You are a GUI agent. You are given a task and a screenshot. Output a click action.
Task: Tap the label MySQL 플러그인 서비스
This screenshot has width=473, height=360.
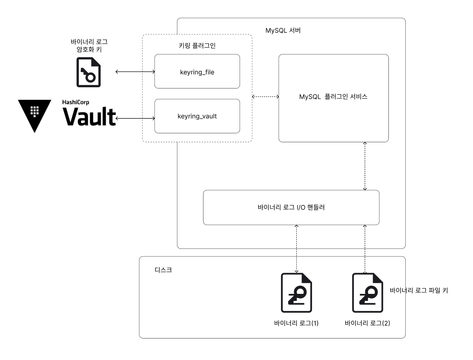click(333, 97)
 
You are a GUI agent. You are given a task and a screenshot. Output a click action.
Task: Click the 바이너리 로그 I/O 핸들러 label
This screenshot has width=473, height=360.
click(291, 207)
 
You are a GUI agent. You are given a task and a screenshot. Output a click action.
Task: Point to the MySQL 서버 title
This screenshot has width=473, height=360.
click(283, 31)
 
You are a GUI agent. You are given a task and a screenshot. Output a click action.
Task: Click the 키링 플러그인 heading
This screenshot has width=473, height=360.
click(197, 45)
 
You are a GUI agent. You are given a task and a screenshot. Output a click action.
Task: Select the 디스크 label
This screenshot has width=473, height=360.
click(163, 270)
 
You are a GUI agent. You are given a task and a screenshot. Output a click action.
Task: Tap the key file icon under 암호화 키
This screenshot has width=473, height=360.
click(88, 72)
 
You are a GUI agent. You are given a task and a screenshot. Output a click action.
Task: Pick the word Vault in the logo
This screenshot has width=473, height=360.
click(89, 116)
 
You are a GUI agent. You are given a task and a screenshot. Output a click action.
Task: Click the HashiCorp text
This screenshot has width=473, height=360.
click(76, 102)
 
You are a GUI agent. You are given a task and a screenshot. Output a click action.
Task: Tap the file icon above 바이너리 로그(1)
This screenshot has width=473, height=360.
click(296, 293)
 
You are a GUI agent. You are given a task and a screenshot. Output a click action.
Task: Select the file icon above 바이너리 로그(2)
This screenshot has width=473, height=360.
click(367, 293)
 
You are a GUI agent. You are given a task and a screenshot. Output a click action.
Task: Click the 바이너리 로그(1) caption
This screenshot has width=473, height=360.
click(296, 323)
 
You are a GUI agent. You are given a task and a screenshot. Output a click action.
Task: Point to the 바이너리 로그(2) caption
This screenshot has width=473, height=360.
click(367, 323)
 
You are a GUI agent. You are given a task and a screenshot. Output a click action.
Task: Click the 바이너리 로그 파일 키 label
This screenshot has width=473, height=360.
click(419, 290)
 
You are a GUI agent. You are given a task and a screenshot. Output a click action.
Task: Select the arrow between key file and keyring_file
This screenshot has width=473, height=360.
click(135, 72)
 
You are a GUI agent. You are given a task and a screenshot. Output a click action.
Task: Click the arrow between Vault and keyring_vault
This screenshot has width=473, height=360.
click(135, 118)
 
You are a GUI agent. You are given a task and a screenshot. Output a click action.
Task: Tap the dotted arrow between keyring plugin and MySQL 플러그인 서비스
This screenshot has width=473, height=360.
click(265, 97)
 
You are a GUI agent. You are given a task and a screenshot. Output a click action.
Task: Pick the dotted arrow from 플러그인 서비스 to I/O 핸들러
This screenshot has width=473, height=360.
click(365, 166)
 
